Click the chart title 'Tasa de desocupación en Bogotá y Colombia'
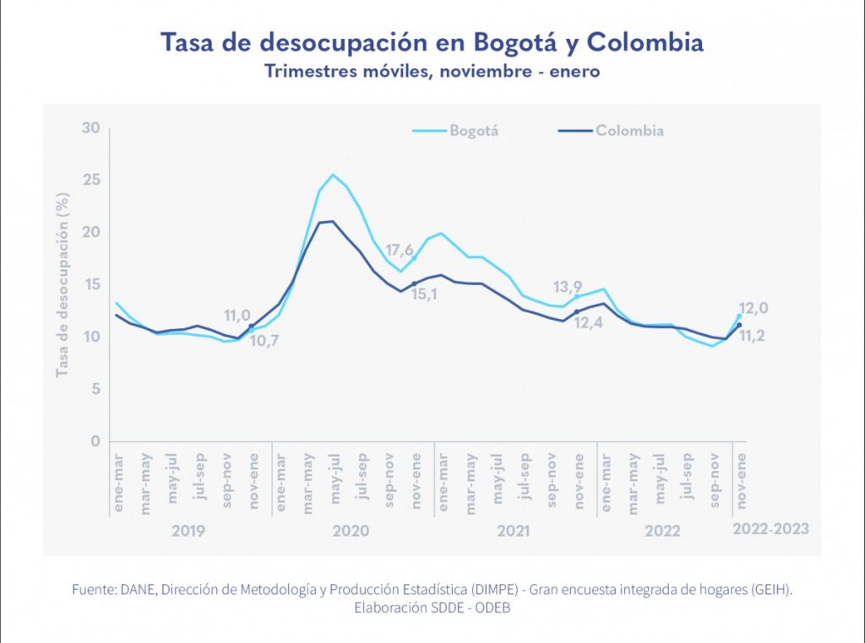(x=432, y=41)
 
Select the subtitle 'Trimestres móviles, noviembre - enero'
(x=432, y=71)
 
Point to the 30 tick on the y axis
(x=90, y=128)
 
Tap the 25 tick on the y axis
(x=90, y=181)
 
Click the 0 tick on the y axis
(x=95, y=441)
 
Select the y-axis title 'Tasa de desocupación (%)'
(x=63, y=285)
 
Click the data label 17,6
(x=400, y=251)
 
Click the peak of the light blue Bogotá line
(x=333, y=175)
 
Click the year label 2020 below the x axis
(x=351, y=531)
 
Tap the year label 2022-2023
(x=770, y=529)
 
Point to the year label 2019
(x=188, y=531)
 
